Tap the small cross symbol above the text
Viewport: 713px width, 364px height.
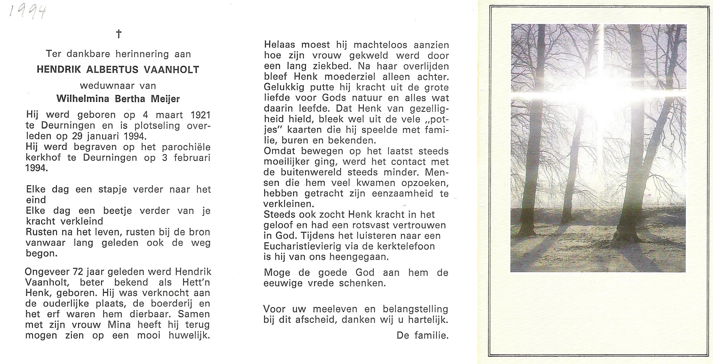[119, 34]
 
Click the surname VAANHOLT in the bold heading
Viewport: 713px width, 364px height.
[171, 70]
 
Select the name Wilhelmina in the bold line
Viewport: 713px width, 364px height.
[82, 99]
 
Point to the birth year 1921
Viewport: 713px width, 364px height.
[200, 115]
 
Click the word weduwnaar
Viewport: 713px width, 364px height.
[107, 86]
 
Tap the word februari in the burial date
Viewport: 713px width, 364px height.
[192, 158]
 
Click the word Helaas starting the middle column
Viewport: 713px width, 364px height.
[280, 45]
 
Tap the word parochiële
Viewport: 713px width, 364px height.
[186, 147]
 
